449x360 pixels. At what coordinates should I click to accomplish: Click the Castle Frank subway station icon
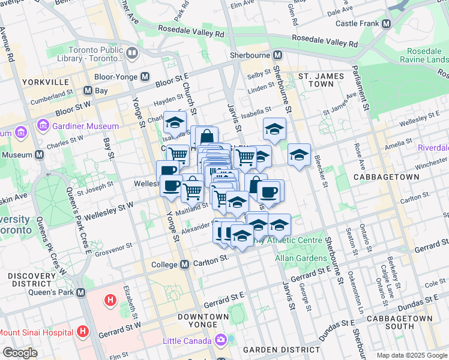pyautogui.click(x=386, y=24)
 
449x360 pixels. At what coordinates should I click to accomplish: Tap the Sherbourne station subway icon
pyautogui.click(x=277, y=55)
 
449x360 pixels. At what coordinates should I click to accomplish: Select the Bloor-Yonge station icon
pyautogui.click(x=145, y=77)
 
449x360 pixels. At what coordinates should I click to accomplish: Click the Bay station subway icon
pyautogui.click(x=88, y=91)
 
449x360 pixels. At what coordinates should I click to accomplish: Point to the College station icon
pyautogui.click(x=186, y=265)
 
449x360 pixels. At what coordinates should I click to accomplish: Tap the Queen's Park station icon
pyautogui.click(x=80, y=292)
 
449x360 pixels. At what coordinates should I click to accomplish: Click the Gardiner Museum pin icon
pyautogui.click(x=43, y=126)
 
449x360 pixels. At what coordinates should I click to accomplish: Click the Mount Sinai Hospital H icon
pyautogui.click(x=83, y=331)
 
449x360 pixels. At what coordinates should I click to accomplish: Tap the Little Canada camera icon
pyautogui.click(x=221, y=341)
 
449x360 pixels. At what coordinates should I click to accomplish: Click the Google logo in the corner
pyautogui.click(x=20, y=353)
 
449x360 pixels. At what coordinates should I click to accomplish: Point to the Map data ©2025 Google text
pyautogui.click(x=411, y=355)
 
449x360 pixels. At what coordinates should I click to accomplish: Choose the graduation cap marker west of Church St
pyautogui.click(x=175, y=122)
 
